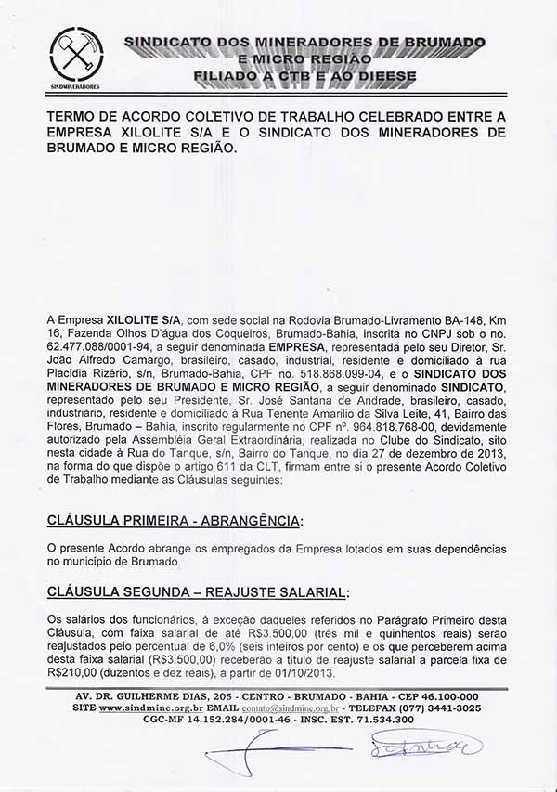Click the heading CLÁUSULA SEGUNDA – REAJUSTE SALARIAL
click(x=198, y=591)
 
